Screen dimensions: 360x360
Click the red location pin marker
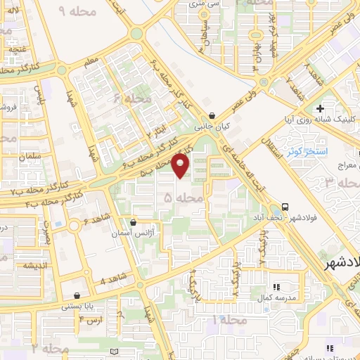tap(181, 165)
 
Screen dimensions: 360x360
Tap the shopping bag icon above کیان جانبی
tap(212, 117)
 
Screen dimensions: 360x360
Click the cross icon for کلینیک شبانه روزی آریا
tap(321, 108)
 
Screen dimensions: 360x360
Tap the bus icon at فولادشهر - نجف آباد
tap(285, 207)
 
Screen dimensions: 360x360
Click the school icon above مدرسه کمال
tap(276, 287)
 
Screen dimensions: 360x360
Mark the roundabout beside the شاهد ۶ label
tap(72, 226)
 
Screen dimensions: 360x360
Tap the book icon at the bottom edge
tap(115, 351)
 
